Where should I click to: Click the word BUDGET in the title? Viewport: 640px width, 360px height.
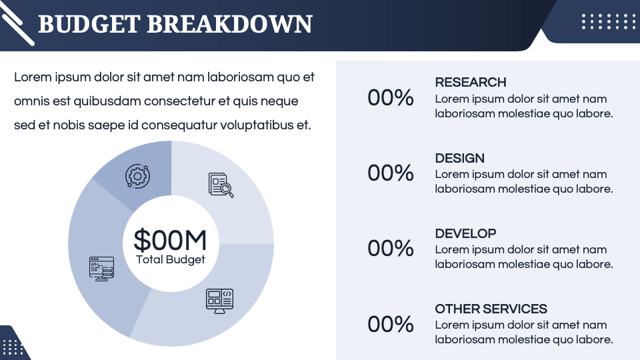[89, 24]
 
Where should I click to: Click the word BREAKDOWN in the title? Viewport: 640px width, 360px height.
[229, 24]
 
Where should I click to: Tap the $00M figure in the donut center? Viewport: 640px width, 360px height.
[170, 240]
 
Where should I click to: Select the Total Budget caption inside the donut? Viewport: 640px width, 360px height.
[170, 260]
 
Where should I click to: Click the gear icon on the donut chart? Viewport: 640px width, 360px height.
[137, 177]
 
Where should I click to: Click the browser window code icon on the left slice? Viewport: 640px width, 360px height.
[101, 268]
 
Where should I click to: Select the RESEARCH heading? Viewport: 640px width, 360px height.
[470, 83]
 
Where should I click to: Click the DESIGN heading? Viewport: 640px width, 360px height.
[459, 159]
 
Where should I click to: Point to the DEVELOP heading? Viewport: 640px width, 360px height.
[465, 234]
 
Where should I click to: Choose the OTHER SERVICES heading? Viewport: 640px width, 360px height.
[491, 309]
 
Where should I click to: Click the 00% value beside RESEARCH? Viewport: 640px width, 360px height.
[391, 98]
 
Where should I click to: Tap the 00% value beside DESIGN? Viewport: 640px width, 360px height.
[391, 173]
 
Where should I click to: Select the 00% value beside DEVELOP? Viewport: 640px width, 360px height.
[391, 249]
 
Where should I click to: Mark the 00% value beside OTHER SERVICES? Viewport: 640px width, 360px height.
[391, 325]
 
